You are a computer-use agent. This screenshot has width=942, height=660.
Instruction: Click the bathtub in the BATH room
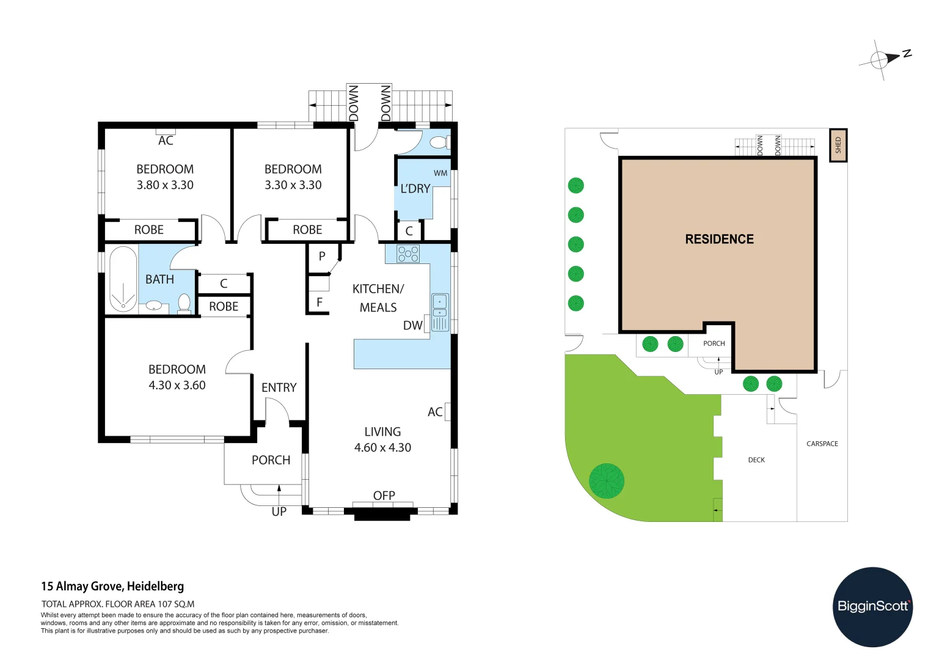click(x=123, y=279)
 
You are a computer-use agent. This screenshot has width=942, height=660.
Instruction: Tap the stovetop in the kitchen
click(x=408, y=254)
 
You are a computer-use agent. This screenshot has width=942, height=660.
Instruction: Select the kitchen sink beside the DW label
click(x=440, y=312)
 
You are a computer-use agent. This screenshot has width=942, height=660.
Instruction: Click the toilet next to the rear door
click(x=439, y=142)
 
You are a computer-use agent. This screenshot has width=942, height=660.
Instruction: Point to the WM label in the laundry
click(x=440, y=173)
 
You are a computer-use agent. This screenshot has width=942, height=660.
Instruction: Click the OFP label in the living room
click(x=384, y=496)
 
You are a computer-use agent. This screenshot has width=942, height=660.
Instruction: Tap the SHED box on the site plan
click(x=838, y=145)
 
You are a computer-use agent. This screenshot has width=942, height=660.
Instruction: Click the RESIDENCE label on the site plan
click(x=719, y=239)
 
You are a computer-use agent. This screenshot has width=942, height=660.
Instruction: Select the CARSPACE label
click(x=822, y=444)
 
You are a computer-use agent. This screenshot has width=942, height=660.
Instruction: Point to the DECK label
click(x=756, y=460)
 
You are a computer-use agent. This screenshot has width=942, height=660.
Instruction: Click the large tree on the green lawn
click(x=607, y=480)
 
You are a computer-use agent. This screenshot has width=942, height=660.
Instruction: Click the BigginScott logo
click(x=872, y=606)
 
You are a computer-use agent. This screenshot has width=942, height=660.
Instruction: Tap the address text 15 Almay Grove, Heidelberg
click(x=112, y=586)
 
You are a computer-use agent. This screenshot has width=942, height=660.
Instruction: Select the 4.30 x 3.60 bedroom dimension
click(x=177, y=385)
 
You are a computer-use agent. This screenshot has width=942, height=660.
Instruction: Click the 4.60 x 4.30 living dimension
click(x=382, y=447)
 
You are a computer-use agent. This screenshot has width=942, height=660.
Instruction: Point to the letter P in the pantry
click(x=322, y=256)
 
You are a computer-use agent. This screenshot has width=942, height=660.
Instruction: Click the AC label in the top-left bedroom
click(x=166, y=141)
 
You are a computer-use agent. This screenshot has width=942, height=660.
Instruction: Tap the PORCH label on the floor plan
click(x=271, y=460)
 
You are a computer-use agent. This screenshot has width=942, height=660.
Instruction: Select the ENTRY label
click(x=279, y=387)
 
